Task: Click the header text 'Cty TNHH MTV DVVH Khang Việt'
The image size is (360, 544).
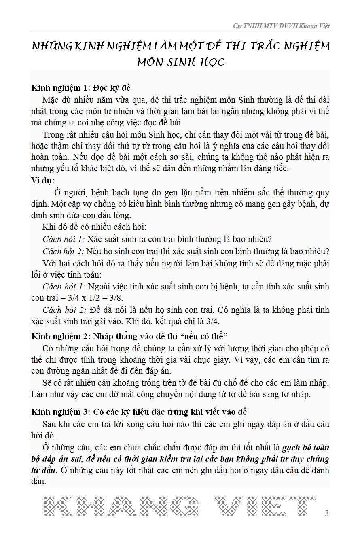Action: click(281, 26)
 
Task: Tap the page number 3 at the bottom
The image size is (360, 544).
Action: click(327, 514)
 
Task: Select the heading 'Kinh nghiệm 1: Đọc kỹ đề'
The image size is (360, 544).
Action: click(81, 87)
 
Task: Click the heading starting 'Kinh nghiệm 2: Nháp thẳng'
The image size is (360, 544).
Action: click(130, 336)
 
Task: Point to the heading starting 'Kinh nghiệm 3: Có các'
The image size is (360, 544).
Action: click(139, 412)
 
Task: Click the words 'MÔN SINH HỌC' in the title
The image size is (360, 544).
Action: click(180, 62)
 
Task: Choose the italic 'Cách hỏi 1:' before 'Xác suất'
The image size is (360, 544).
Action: click(64, 239)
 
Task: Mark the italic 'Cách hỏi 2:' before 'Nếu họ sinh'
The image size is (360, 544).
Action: click(64, 251)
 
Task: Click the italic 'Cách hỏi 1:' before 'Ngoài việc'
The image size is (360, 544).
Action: click(64, 287)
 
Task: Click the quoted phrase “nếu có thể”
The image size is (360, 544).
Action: click(206, 336)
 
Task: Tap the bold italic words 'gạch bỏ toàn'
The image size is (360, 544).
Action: click(305, 448)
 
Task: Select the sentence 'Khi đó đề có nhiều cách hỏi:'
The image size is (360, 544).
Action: click(94, 227)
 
